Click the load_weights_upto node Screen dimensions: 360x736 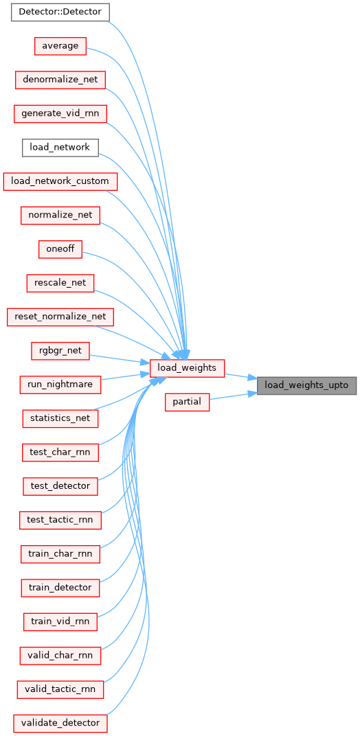[306, 385]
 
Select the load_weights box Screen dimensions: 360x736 [187, 367]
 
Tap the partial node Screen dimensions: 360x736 [187, 403]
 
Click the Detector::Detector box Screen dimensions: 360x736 [60, 12]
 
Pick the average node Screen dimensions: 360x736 [60, 46]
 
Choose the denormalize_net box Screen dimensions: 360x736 [60, 80]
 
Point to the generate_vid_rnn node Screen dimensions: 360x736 [60, 114]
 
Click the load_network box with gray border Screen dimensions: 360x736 [60, 148]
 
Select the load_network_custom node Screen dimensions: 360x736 [60, 182]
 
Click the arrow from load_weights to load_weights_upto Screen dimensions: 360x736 [240, 376]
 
